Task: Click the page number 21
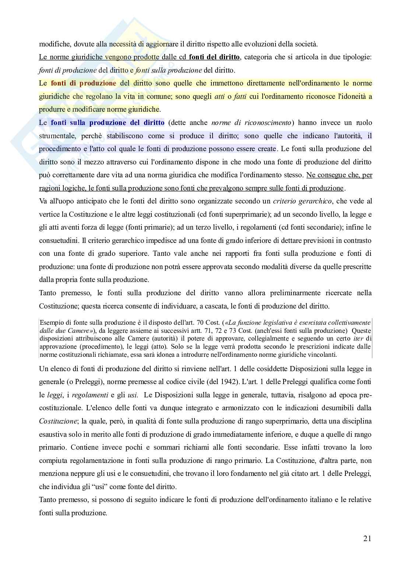click(367, 539)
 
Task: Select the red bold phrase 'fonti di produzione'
click(83, 83)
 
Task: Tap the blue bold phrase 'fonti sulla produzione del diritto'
click(107, 123)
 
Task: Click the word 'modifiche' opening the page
click(55, 44)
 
